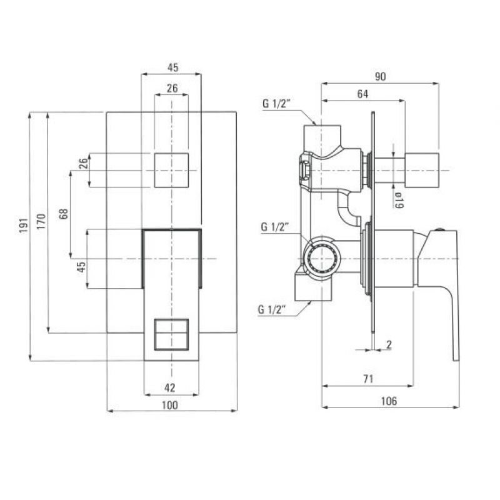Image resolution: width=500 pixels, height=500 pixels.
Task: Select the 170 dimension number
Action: point(41,222)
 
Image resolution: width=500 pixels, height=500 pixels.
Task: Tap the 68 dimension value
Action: point(64,214)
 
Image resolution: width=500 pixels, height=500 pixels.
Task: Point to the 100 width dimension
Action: point(170,405)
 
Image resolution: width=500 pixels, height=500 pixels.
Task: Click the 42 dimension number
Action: point(170,387)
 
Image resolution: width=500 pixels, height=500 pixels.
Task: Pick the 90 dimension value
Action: point(380,76)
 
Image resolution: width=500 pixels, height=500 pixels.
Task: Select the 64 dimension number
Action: point(362,94)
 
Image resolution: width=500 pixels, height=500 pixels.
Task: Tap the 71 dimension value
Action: point(368,379)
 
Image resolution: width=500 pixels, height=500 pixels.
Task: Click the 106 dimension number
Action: point(389,401)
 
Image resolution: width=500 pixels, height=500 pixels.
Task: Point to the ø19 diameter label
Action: point(399,200)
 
